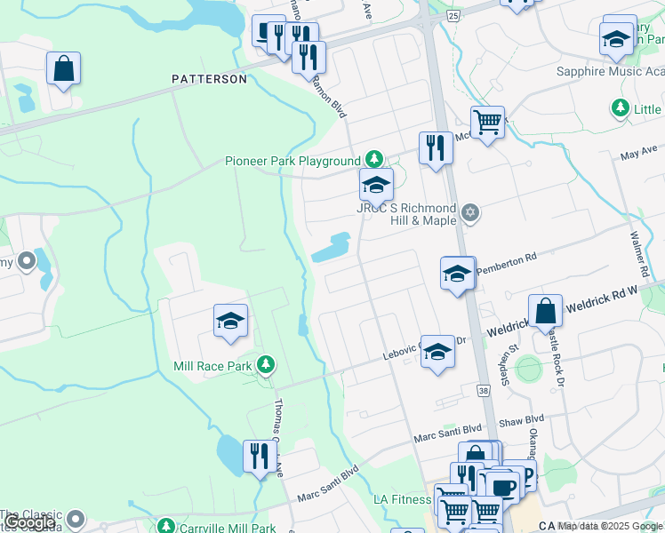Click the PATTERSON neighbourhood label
click(209, 79)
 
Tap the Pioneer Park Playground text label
click(292, 161)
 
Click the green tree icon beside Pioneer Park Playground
click(375, 160)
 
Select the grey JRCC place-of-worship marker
click(470, 212)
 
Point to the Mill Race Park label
click(212, 365)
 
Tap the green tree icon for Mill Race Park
click(265, 364)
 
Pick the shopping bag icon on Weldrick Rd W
click(546, 312)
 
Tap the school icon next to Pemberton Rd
click(457, 274)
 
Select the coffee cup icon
click(503, 487)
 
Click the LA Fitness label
click(402, 499)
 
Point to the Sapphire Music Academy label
click(609, 71)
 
